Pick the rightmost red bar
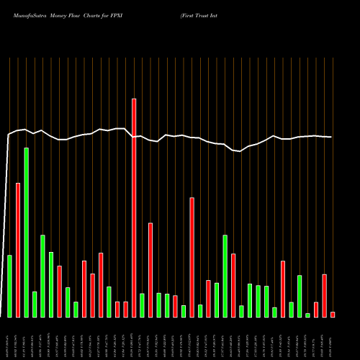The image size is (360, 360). [x=333, y=314]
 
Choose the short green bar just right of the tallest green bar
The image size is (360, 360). [x=35, y=304]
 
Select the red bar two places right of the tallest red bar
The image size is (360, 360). [x=150, y=270]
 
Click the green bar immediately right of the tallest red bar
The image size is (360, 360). [x=143, y=305]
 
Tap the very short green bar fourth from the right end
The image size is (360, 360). [x=307, y=315]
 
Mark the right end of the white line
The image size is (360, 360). [x=332, y=137]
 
